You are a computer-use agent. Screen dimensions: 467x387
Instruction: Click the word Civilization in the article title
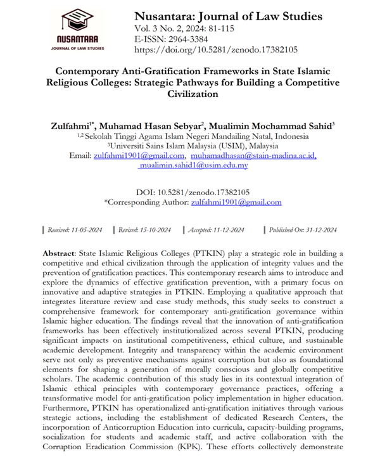[193, 94]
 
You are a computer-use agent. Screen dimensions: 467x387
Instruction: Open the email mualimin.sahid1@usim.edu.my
[194, 166]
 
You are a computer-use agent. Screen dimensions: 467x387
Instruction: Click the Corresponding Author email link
[236, 202]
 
